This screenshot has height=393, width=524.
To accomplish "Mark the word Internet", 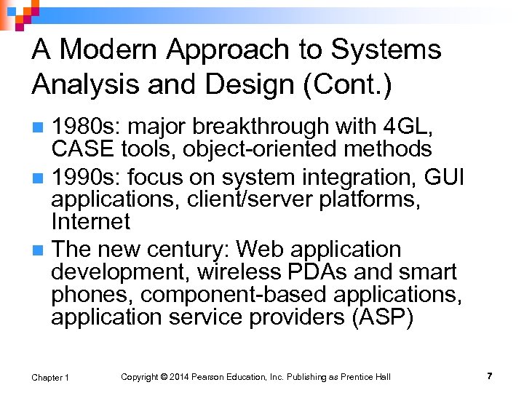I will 90,221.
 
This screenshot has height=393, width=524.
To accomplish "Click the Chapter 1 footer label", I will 50,377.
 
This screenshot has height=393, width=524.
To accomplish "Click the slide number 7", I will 489,376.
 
